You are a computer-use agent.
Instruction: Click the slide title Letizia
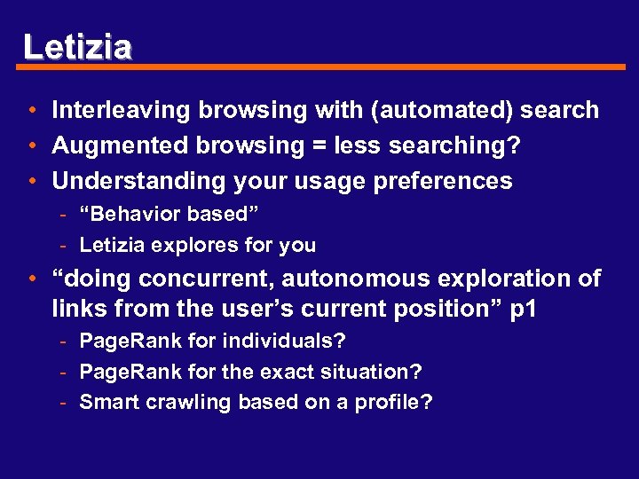pos(78,46)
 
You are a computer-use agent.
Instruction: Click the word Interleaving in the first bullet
pos(122,111)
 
